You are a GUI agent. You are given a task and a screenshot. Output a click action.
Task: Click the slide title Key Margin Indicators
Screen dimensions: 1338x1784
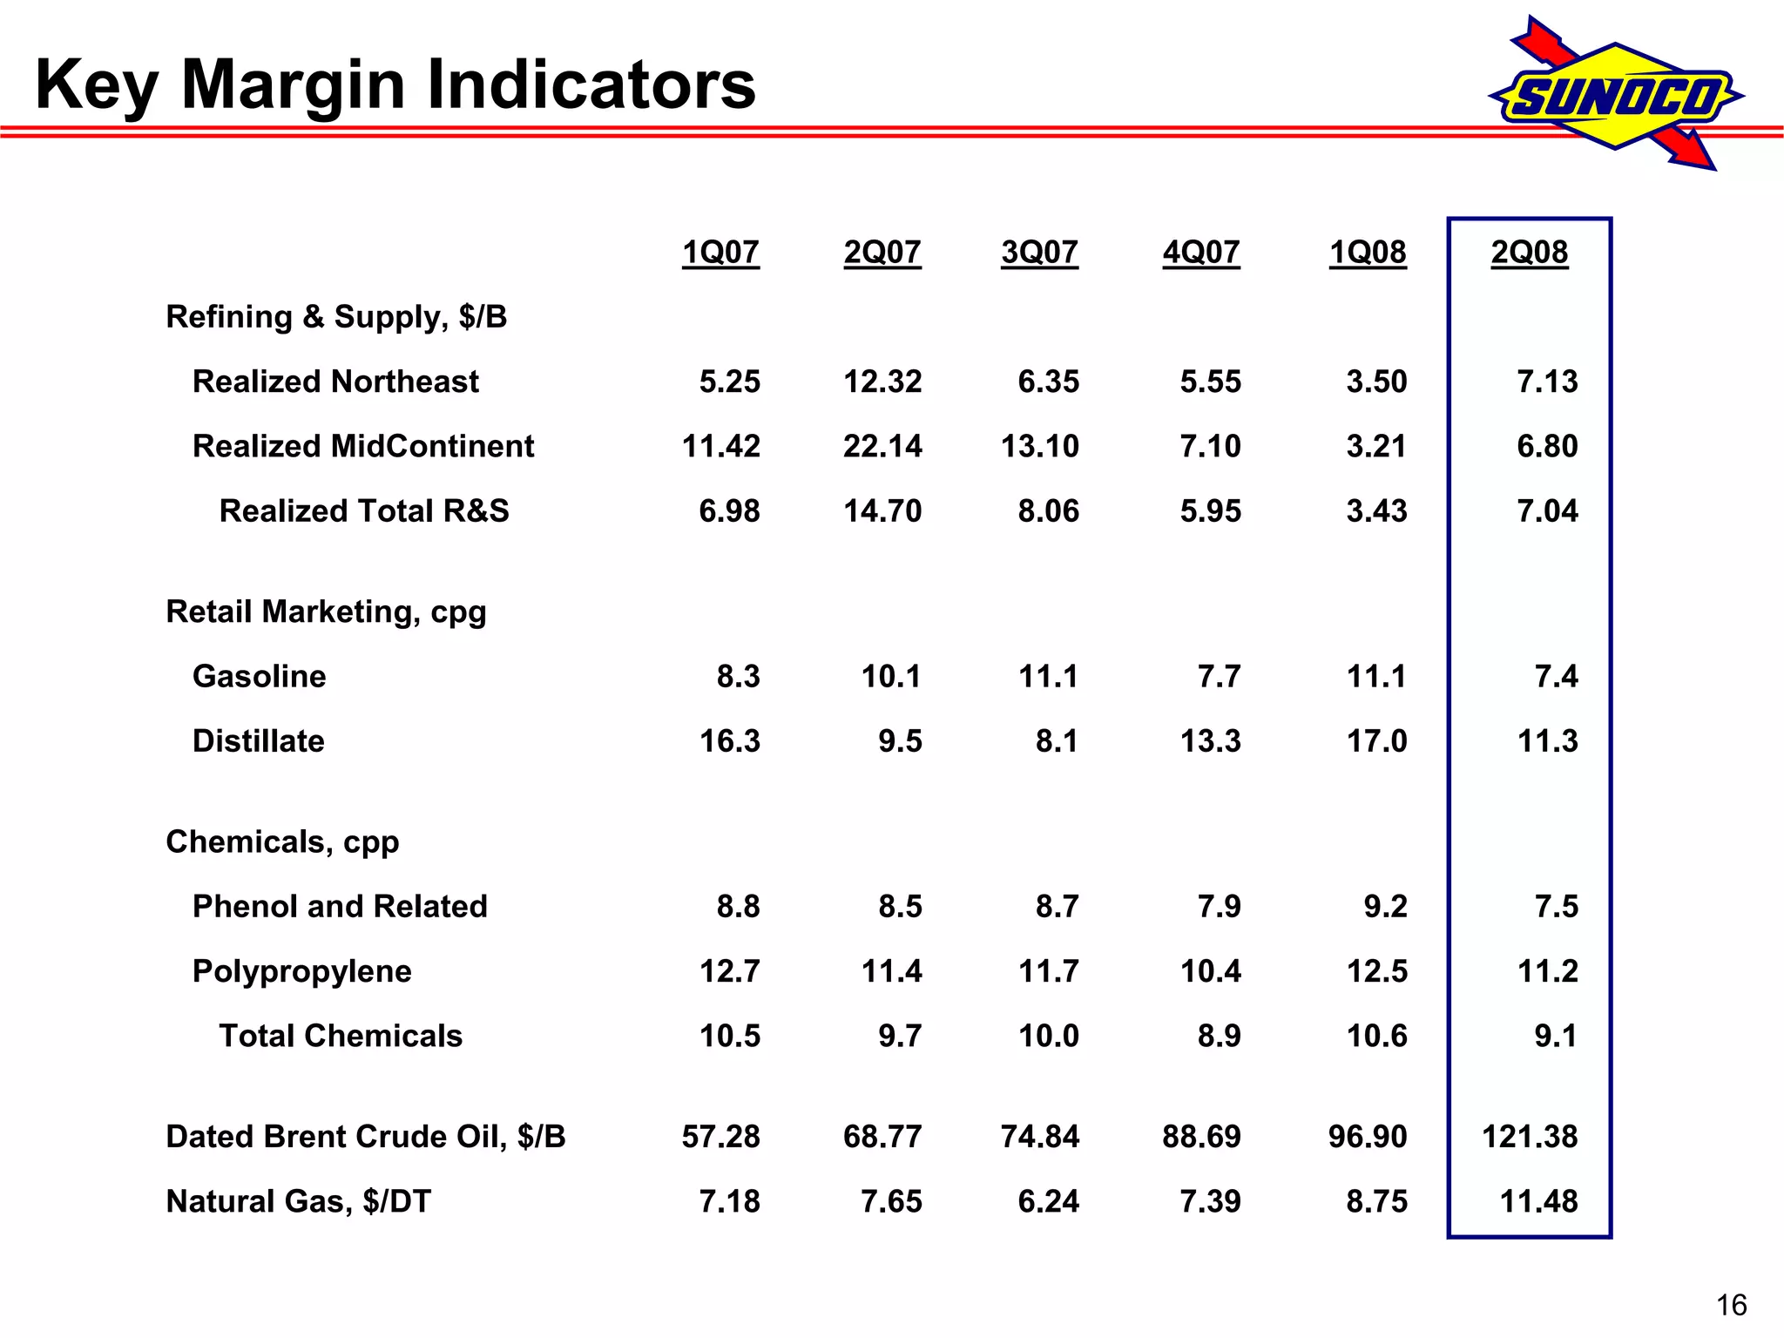pyautogui.click(x=395, y=84)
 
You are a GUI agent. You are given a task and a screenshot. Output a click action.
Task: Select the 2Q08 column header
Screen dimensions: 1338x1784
pyautogui.click(x=1529, y=253)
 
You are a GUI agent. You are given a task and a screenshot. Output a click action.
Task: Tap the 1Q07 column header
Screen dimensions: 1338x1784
pyautogui.click(x=720, y=253)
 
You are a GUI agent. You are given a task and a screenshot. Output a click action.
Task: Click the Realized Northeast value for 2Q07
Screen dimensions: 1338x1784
pyautogui.click(x=882, y=382)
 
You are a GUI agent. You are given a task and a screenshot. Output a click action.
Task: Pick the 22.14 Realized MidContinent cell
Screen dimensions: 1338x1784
pyautogui.click(x=882, y=446)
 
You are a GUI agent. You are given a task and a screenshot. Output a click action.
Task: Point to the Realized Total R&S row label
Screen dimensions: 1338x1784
pyautogui.click(x=364, y=511)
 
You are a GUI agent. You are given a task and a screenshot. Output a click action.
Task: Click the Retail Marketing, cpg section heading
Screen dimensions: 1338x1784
pyautogui.click(x=326, y=612)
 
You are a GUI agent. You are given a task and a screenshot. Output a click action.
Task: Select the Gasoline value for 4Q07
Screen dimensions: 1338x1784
pyautogui.click(x=1219, y=677)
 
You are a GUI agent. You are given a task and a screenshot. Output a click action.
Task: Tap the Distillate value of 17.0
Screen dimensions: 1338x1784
pyautogui.click(x=1376, y=741)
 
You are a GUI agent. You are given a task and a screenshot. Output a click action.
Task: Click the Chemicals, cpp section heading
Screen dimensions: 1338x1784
pyautogui.click(x=282, y=842)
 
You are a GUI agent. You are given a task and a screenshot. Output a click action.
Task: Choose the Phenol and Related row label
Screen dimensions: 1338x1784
pyautogui.click(x=340, y=907)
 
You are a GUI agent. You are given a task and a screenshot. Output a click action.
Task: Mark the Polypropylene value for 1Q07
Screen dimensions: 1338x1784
pyautogui.click(x=730, y=971)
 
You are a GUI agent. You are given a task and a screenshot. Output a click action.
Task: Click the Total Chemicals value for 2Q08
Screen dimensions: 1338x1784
pyautogui.click(x=1556, y=1037)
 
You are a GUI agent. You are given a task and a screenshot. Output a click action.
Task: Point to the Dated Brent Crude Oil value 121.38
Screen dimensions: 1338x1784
pyautogui.click(x=1530, y=1137)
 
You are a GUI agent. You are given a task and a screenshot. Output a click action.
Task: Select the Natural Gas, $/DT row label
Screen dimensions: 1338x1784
pyautogui.click(x=298, y=1202)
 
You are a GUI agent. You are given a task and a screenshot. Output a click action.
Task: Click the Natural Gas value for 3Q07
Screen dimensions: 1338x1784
pyautogui.click(x=1048, y=1202)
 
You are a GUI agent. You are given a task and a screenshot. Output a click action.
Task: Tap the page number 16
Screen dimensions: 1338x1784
pyautogui.click(x=1731, y=1305)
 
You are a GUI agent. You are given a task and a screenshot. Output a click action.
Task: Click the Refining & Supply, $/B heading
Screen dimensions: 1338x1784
pyautogui.click(x=336, y=317)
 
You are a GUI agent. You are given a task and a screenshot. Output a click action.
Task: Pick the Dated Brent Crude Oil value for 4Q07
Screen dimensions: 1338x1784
pyautogui.click(x=1201, y=1137)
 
